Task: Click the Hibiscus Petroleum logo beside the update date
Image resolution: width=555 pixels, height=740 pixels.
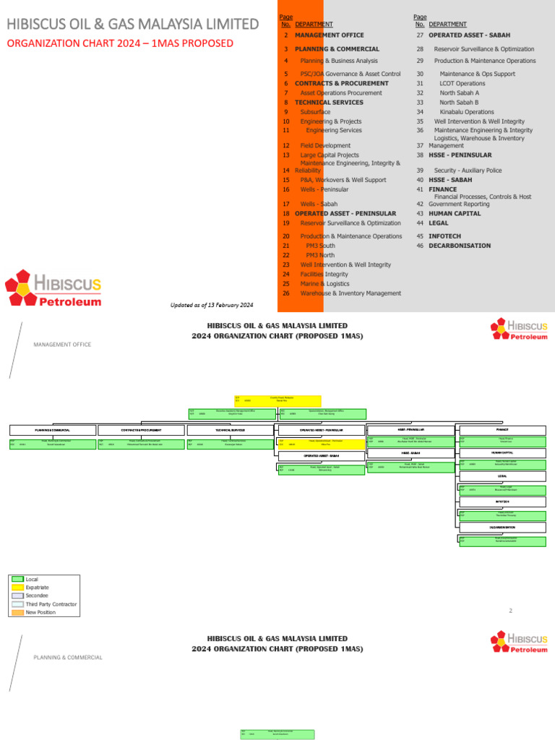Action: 53,289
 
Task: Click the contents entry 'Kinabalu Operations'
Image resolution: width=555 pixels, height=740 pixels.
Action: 466,112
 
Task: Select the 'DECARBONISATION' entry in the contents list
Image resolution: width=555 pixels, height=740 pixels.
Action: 460,246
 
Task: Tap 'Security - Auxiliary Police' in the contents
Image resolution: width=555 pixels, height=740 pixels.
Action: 468,171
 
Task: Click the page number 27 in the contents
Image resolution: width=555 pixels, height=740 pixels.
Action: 419,35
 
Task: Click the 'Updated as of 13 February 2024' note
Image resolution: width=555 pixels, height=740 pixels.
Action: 211,305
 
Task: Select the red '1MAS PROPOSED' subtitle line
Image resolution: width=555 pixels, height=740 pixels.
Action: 120,43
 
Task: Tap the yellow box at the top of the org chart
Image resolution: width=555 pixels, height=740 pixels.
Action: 277,400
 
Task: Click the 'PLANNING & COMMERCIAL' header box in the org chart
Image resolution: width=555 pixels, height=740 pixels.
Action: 52,430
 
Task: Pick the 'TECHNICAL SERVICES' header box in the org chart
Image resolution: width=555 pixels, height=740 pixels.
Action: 228,430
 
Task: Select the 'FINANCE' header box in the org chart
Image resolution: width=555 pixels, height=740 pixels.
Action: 502,429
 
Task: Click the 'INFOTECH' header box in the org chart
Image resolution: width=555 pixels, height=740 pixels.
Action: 502,502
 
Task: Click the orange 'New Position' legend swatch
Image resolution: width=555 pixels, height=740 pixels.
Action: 17,612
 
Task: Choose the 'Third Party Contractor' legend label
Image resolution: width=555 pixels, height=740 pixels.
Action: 51,604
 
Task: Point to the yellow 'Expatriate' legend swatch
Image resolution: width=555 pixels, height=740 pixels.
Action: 17,588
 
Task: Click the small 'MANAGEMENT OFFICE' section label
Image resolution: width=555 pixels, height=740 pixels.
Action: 62,345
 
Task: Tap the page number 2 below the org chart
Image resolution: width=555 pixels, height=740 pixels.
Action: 510,611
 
